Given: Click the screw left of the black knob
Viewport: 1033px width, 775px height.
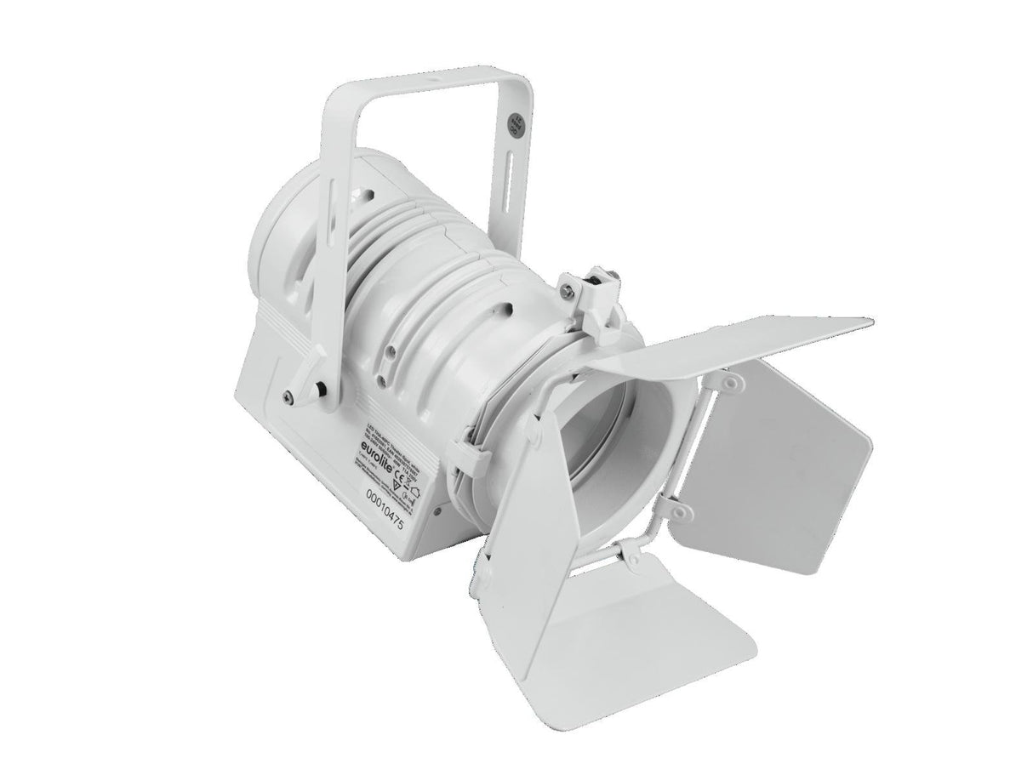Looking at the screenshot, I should tap(290, 395).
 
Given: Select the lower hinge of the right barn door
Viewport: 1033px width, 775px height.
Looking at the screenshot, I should tap(680, 510).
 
